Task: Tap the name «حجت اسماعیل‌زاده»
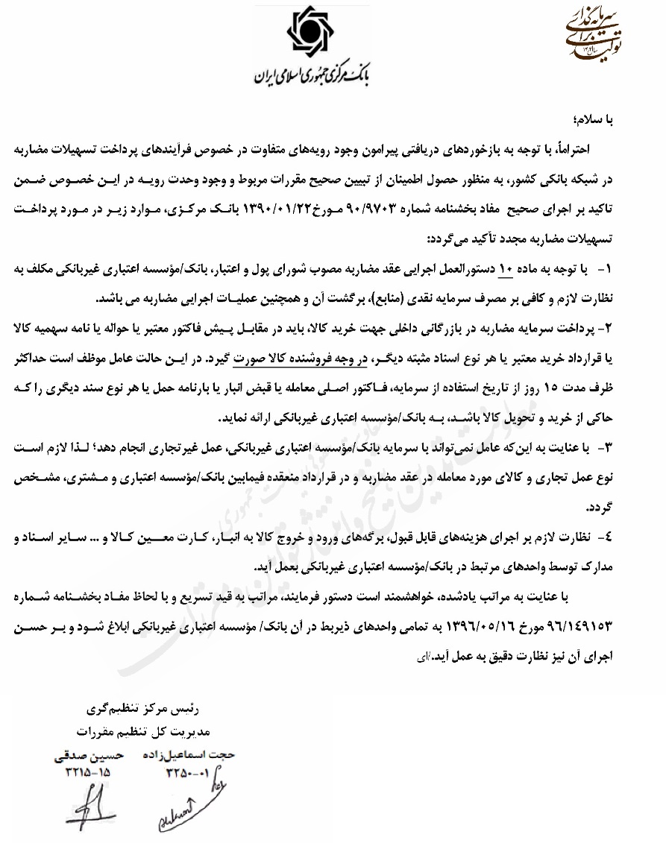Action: pyautogui.click(x=189, y=755)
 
